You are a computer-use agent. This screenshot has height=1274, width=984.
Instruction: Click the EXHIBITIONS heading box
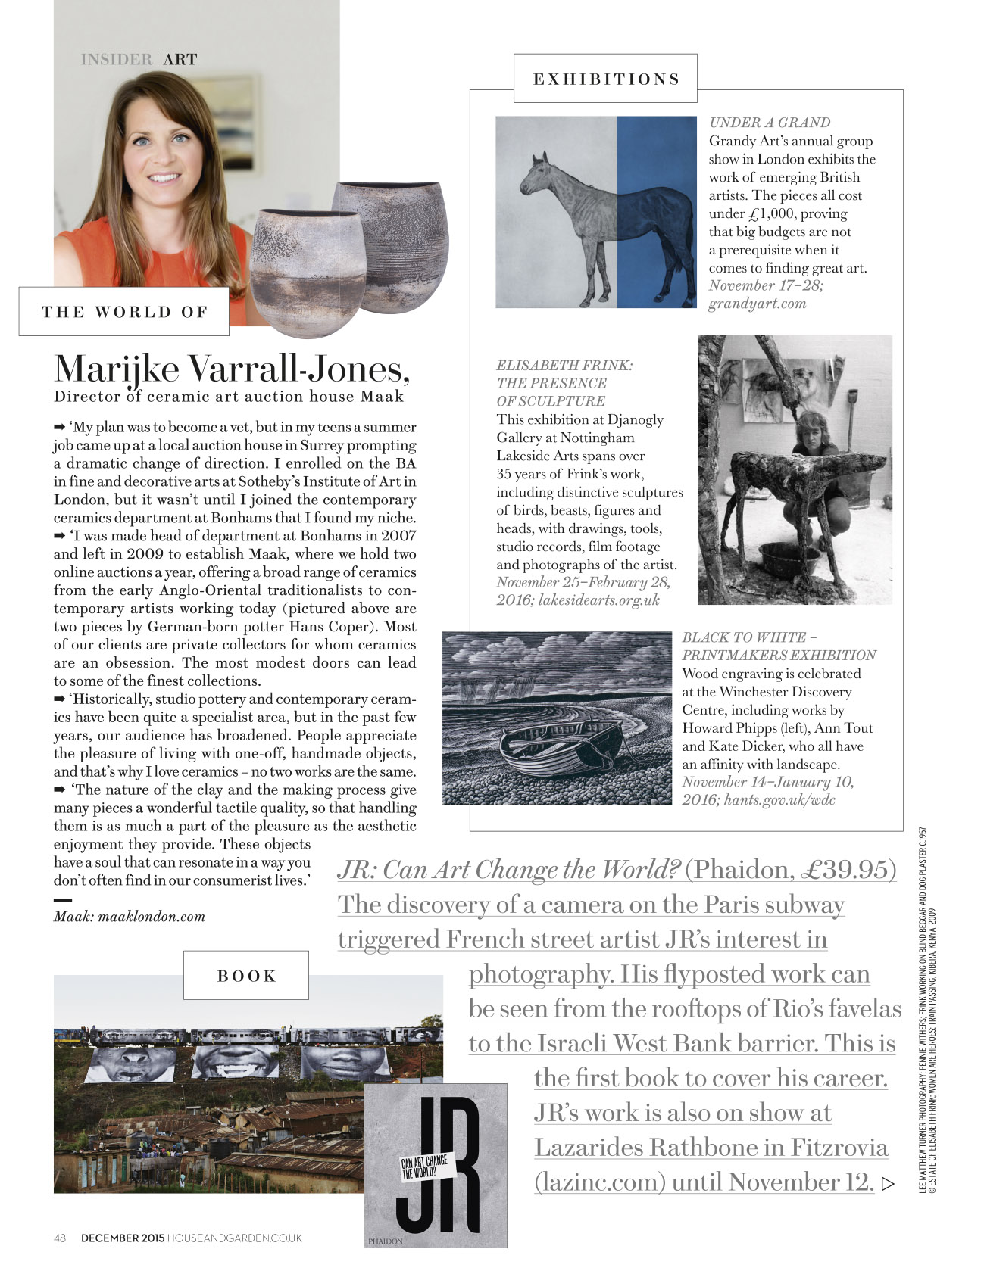pos(605,79)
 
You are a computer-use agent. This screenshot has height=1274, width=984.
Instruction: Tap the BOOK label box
pos(246,976)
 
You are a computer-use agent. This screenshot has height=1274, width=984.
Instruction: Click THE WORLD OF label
pos(124,312)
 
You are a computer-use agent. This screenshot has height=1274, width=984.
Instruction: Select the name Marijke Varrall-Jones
pos(232,369)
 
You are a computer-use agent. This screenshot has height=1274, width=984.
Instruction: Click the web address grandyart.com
pos(757,304)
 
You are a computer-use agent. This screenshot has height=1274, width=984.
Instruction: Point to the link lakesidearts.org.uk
pos(598,600)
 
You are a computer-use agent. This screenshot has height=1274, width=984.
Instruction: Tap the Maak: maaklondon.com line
pos(130,917)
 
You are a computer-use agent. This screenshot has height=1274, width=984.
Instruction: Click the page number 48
pos(61,1238)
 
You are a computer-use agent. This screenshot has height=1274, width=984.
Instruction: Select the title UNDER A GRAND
pos(770,123)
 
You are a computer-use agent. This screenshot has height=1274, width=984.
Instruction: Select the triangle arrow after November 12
pos(889,1183)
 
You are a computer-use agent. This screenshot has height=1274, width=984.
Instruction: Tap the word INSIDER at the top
pos(116,59)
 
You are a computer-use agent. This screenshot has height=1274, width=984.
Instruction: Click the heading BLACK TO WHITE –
pos(749,637)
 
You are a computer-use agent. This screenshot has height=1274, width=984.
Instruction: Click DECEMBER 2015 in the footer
pos(122,1238)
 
